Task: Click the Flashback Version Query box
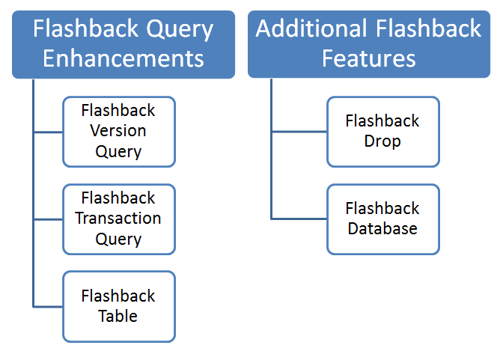coord(119,131)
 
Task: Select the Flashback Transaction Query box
coord(119,219)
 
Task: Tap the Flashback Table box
coord(119,306)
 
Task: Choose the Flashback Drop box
coord(382,131)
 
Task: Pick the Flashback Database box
coord(382,219)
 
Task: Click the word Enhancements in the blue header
coord(124,58)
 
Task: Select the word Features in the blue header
coord(368,58)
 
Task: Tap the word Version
coord(118,131)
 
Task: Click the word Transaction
coord(118,219)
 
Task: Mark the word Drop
coord(382,141)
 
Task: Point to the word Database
coord(382,228)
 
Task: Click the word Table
coord(118,316)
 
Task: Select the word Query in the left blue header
coord(178,30)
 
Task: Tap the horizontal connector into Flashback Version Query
coord(48,132)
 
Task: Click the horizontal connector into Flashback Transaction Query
coord(48,219)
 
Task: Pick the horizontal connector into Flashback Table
coord(48,306)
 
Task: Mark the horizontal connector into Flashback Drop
coord(299,132)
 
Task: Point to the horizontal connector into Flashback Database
coord(299,219)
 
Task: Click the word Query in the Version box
coord(118,151)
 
